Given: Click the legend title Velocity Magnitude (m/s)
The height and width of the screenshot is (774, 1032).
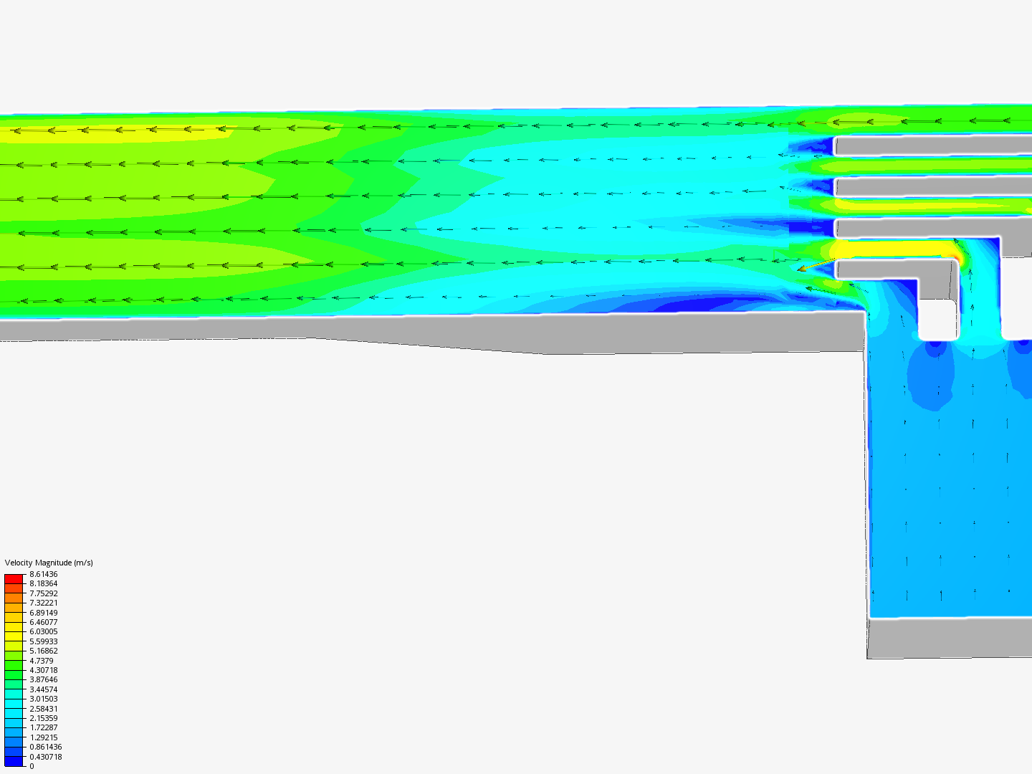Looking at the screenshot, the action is point(49,563).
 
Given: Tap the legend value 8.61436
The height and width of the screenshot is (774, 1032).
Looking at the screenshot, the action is point(43,574).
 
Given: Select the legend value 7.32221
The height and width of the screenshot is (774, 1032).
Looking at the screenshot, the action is point(43,603).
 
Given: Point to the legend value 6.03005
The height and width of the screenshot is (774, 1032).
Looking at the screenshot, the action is point(43,631).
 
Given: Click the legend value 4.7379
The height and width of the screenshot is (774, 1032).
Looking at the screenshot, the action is point(42,660).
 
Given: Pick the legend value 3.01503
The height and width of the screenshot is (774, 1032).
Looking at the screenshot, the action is point(43,698).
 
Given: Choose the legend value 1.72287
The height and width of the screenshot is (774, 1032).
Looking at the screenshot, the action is point(43,727).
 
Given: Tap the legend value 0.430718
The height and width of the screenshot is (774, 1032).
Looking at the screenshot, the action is point(46,757).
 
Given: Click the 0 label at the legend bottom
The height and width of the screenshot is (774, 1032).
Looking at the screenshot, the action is point(32,766).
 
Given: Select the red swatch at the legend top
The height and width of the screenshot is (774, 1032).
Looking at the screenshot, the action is point(14,578).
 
